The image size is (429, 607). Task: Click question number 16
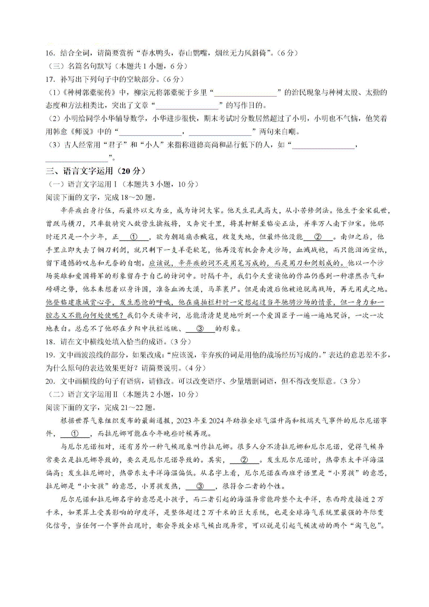(50, 53)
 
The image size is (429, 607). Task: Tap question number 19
(50, 355)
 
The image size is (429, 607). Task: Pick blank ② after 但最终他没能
(317, 237)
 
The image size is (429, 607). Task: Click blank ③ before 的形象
(200, 329)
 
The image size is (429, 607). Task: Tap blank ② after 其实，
(245, 460)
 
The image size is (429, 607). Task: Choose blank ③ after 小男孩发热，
(200, 486)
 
